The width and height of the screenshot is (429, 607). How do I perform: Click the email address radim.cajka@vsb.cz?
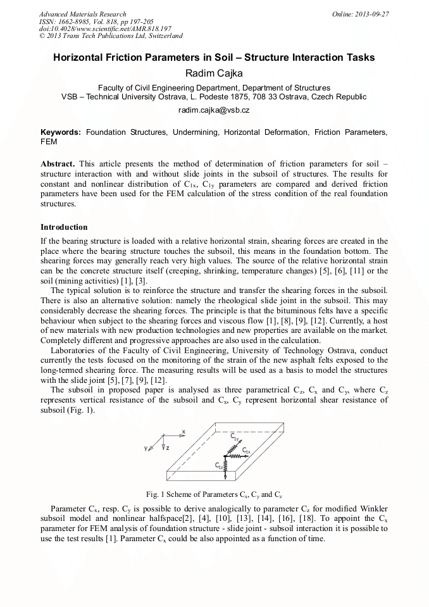click(x=214, y=110)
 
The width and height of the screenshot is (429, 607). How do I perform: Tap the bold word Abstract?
click(x=58, y=164)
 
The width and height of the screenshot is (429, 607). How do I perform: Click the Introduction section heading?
click(x=64, y=227)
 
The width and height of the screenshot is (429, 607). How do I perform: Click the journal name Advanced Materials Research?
click(x=82, y=14)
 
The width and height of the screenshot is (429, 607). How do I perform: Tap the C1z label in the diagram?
click(x=218, y=465)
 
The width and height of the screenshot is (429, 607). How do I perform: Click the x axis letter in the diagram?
click(x=183, y=431)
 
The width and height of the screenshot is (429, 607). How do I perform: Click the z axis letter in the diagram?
click(x=168, y=448)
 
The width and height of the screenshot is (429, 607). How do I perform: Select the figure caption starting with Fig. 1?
click(x=214, y=494)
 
